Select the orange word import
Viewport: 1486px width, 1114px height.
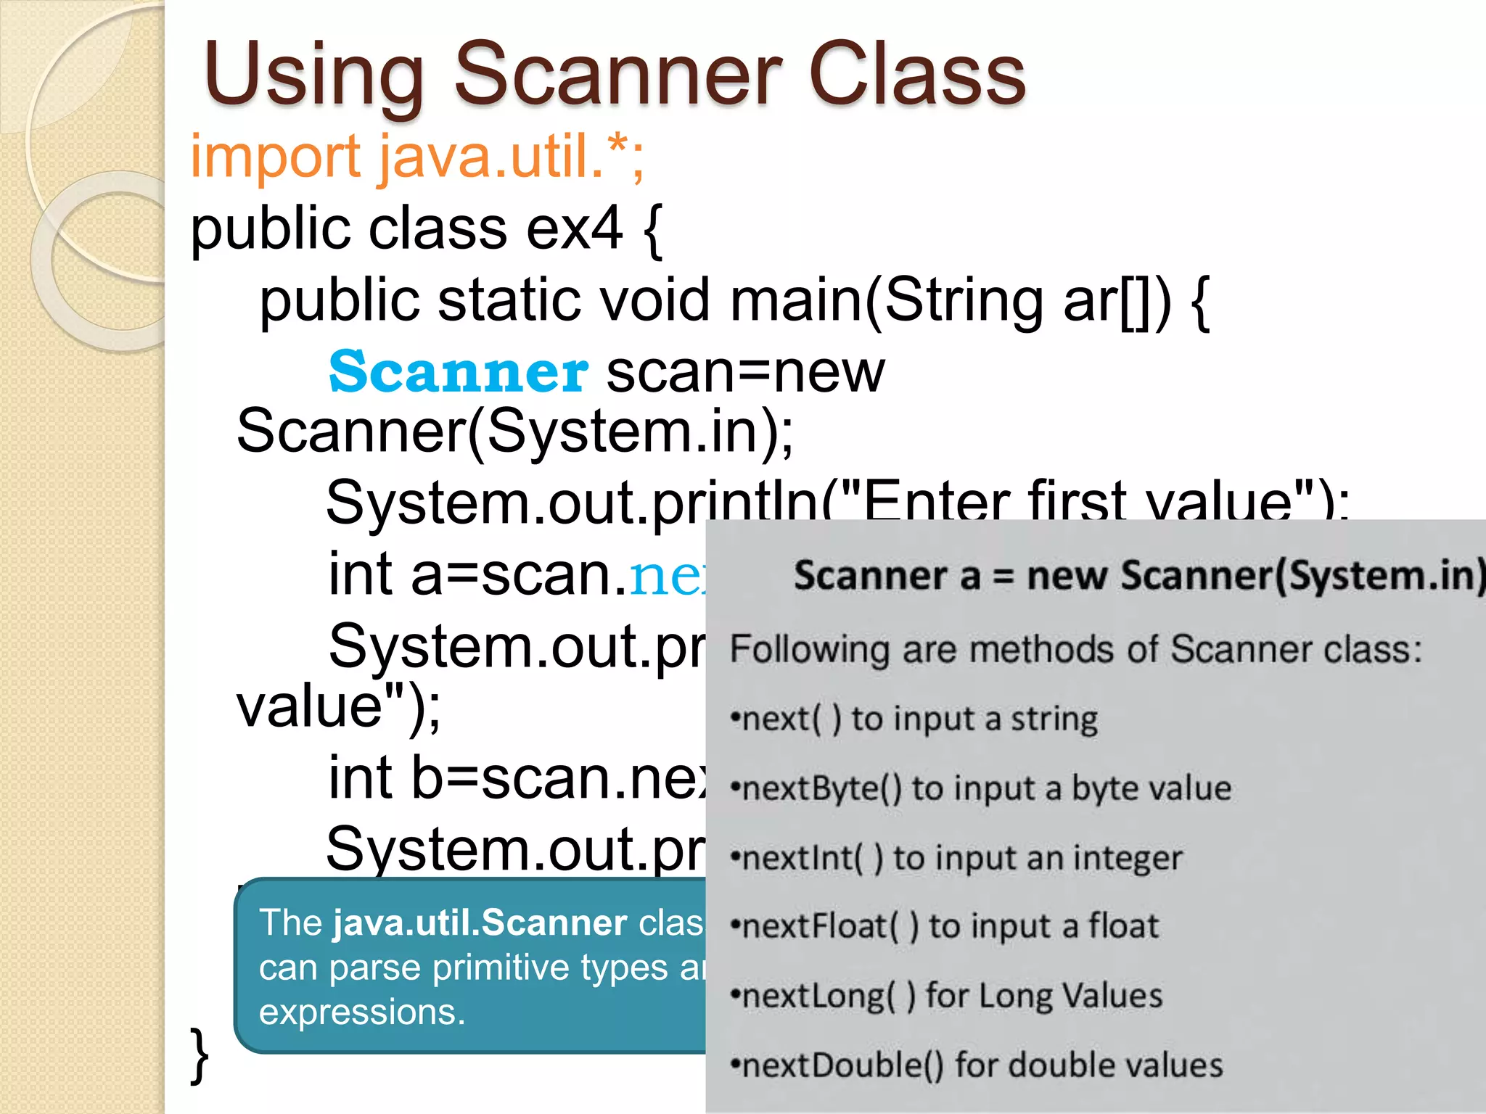coord(275,158)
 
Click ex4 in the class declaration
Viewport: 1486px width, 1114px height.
coord(574,228)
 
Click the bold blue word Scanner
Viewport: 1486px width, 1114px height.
coord(458,372)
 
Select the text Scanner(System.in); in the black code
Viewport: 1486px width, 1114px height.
coord(515,431)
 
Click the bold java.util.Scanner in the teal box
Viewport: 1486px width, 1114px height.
coord(480,923)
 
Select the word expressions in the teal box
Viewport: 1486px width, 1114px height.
coord(361,1011)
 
